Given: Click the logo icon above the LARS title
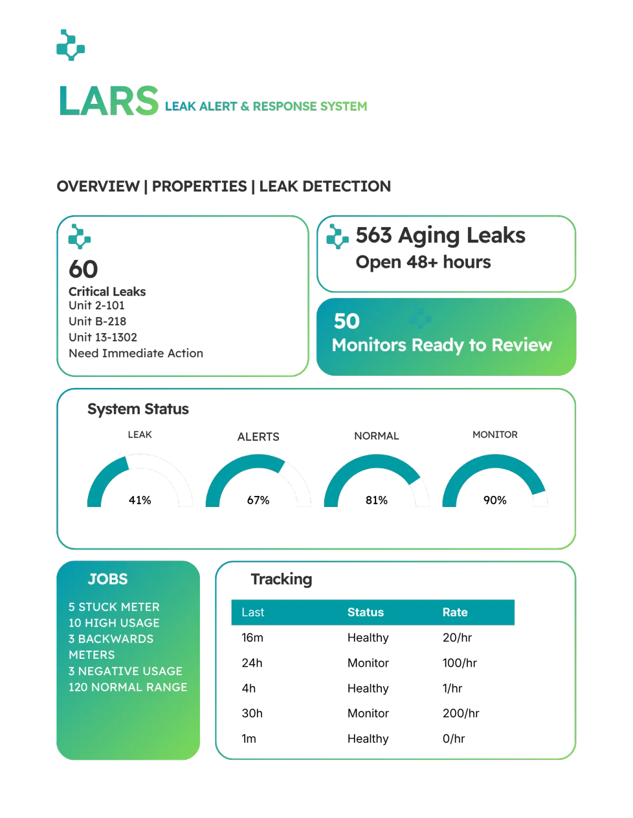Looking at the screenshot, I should [x=71, y=44].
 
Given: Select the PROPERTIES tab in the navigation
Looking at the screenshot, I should [x=199, y=186].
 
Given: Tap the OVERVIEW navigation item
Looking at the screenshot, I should [x=98, y=186].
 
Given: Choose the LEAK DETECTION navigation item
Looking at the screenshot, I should [x=325, y=186].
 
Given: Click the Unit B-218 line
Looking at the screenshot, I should [x=97, y=321].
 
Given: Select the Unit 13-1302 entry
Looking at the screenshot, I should [x=103, y=337].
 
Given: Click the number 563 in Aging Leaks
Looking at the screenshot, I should [x=373, y=235].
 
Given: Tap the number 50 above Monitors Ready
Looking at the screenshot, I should [x=347, y=321].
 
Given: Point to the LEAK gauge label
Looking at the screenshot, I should [x=139, y=434].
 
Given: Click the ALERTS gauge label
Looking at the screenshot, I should [x=258, y=436].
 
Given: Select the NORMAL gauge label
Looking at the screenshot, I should [x=377, y=436].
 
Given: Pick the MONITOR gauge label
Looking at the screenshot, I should [x=495, y=434].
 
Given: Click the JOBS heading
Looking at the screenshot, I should [x=108, y=579].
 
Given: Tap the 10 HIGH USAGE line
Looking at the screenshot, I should [x=114, y=622].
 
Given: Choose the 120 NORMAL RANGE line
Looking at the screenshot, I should [x=128, y=687].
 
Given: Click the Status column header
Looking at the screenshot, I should [x=366, y=612].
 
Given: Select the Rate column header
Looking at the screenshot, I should [x=455, y=612].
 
